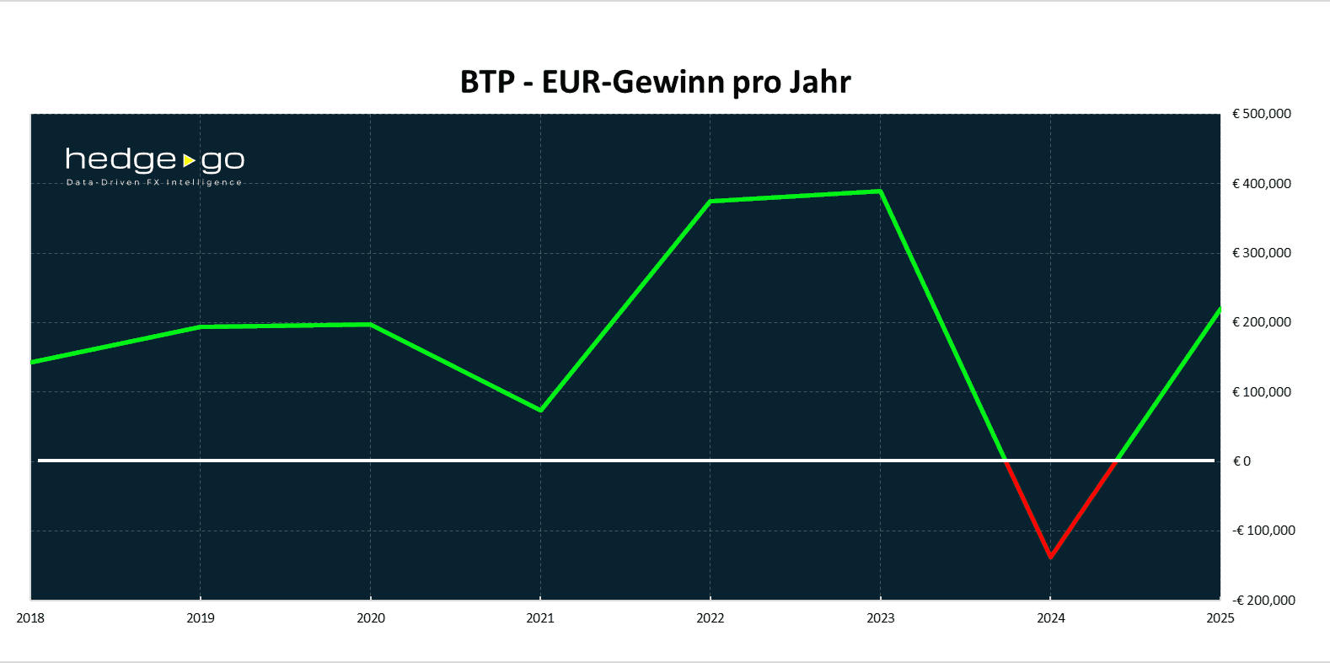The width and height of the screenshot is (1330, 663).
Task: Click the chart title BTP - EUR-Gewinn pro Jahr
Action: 655,82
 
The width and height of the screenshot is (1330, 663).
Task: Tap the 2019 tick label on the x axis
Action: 201,618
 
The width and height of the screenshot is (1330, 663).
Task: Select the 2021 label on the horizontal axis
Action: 540,618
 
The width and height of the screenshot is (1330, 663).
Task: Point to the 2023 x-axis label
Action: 881,618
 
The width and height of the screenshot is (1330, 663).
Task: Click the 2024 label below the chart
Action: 1051,618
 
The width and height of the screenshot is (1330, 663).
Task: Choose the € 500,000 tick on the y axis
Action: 1262,114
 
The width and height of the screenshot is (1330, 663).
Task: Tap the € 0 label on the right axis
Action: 1242,461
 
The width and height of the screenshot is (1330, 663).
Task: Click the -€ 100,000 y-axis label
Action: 1263,531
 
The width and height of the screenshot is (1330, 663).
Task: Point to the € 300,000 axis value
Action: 1262,253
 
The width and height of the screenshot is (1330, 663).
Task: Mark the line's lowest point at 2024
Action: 1050,557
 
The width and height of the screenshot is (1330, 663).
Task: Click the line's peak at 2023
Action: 880,191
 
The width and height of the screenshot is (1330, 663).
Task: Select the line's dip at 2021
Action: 540,410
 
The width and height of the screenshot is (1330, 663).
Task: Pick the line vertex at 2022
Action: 711,202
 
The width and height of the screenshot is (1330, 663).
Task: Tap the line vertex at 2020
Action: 371,324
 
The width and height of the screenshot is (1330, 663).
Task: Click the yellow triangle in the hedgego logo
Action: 189,159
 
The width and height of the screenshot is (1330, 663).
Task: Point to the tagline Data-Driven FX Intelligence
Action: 154,182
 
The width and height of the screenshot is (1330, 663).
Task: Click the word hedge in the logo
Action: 121,159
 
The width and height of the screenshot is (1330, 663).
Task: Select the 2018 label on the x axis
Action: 30,618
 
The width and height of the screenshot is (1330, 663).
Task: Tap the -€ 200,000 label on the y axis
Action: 1263,601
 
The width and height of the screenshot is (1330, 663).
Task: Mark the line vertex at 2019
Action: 201,326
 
